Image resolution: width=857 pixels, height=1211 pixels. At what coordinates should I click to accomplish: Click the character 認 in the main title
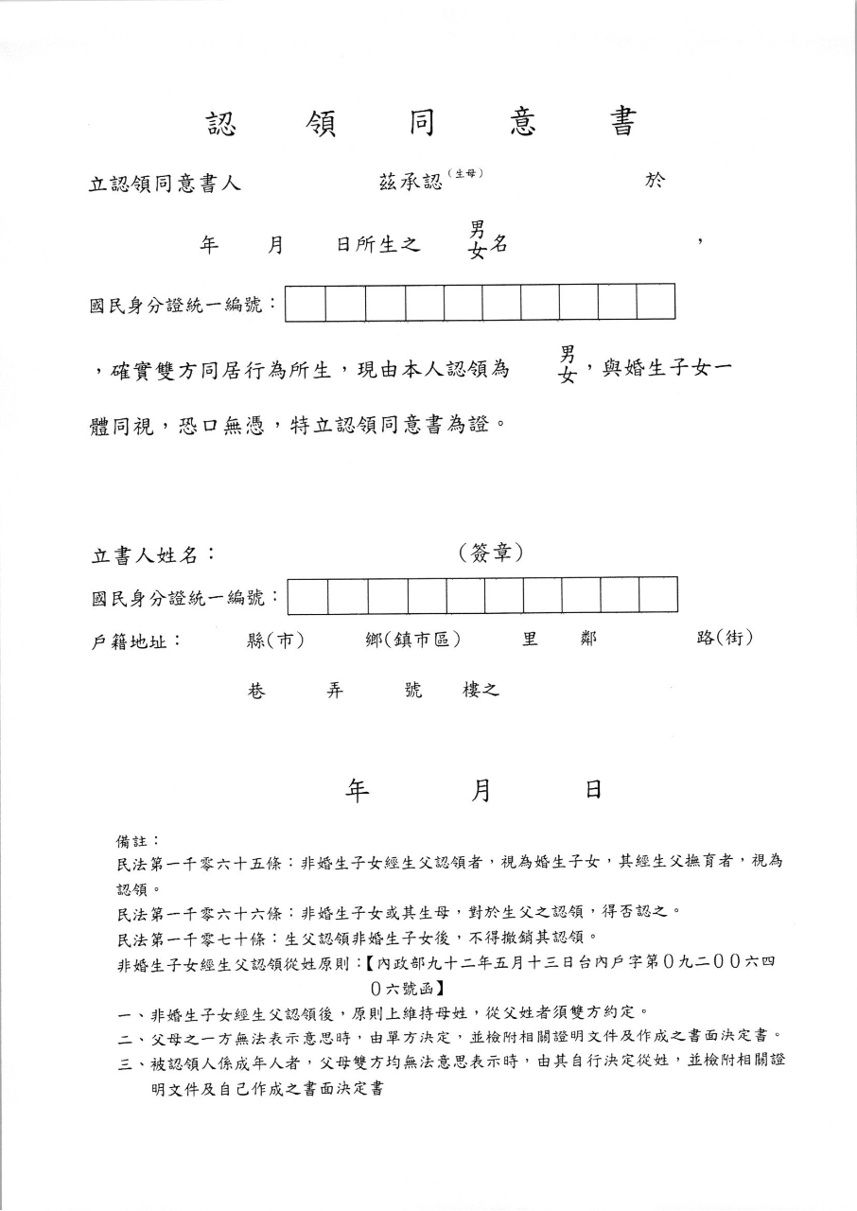[x=221, y=123]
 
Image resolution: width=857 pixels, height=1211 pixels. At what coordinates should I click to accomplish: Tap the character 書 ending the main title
[x=622, y=123]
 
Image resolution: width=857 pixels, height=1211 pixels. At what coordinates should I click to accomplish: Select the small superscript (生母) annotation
[x=466, y=173]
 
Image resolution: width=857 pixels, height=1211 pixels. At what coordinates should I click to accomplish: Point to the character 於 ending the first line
[x=655, y=181]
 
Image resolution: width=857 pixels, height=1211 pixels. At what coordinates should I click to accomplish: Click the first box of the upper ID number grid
[x=306, y=302]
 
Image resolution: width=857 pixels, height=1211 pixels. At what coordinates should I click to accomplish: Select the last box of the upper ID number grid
[x=656, y=302]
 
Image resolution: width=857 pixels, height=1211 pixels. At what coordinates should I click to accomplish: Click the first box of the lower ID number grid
[x=308, y=595]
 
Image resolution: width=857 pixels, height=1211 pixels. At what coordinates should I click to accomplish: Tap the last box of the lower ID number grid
[x=658, y=595]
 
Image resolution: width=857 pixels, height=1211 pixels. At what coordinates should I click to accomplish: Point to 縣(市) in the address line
[x=274, y=641]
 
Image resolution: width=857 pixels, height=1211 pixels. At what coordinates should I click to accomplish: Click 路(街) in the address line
[x=725, y=639]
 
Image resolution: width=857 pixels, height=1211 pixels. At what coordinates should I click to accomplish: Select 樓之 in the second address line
[x=480, y=691]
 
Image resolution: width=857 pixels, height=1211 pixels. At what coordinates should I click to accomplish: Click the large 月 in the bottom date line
[x=481, y=791]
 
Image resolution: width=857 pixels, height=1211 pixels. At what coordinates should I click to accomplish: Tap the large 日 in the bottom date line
[x=593, y=791]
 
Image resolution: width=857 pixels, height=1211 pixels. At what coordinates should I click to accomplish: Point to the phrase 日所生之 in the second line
[x=377, y=244]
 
